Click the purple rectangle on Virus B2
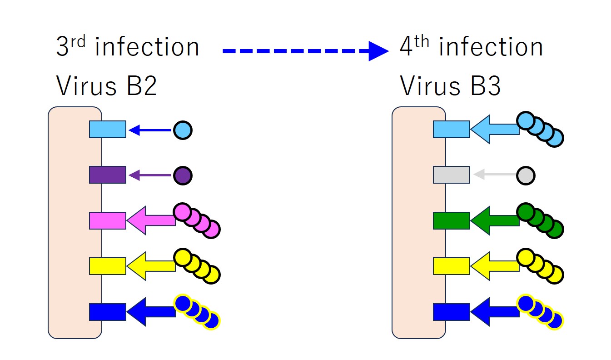tap(108, 175)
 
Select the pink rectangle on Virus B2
tap(108, 220)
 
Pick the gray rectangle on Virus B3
tap(452, 175)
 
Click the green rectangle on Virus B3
tap(452, 220)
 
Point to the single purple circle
tap(183, 175)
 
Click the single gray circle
tap(526, 175)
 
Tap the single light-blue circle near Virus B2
tap(183, 130)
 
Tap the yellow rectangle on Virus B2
tap(108, 266)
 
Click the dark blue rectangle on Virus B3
tap(452, 312)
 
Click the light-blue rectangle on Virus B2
tap(108, 130)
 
